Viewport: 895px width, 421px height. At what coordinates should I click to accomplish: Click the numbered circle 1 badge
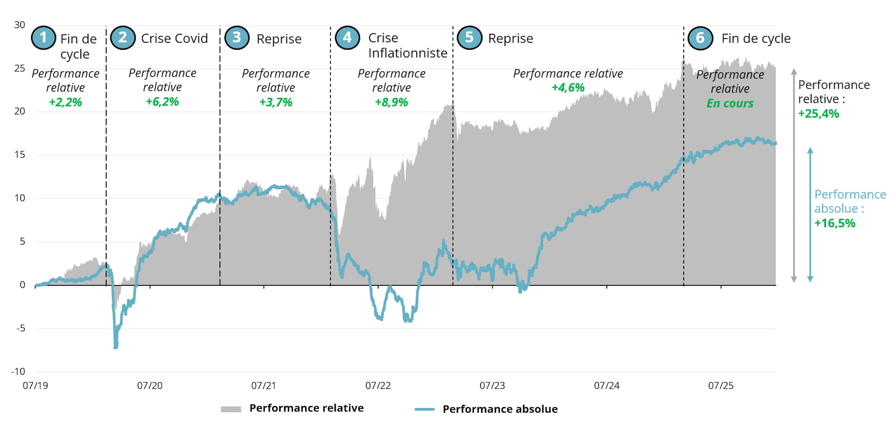point(43,38)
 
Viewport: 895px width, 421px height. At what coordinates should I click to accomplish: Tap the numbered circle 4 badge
point(347,38)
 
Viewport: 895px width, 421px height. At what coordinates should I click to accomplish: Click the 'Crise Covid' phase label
point(174,38)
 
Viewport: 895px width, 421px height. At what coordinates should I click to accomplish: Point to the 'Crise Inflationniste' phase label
point(408,46)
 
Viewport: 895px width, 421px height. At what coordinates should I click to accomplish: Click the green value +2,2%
point(65,102)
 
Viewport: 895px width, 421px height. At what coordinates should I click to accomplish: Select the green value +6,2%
point(162,102)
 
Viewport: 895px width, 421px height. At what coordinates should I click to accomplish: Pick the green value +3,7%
point(276,102)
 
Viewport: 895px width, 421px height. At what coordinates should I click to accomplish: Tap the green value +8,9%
point(392,102)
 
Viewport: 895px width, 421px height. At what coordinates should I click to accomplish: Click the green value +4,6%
point(568,88)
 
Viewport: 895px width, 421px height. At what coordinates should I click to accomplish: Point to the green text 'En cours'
point(730,103)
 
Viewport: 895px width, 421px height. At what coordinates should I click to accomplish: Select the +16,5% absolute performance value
point(835,223)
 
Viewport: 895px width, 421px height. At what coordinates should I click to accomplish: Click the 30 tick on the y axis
point(19,25)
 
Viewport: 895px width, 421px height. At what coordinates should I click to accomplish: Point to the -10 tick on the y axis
point(18,372)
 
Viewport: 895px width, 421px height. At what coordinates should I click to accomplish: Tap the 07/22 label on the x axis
point(378,386)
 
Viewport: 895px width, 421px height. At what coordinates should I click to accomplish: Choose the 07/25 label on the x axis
point(721,386)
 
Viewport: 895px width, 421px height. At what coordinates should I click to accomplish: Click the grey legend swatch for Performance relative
point(231,409)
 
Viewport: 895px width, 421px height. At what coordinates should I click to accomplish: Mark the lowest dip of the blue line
point(116,347)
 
